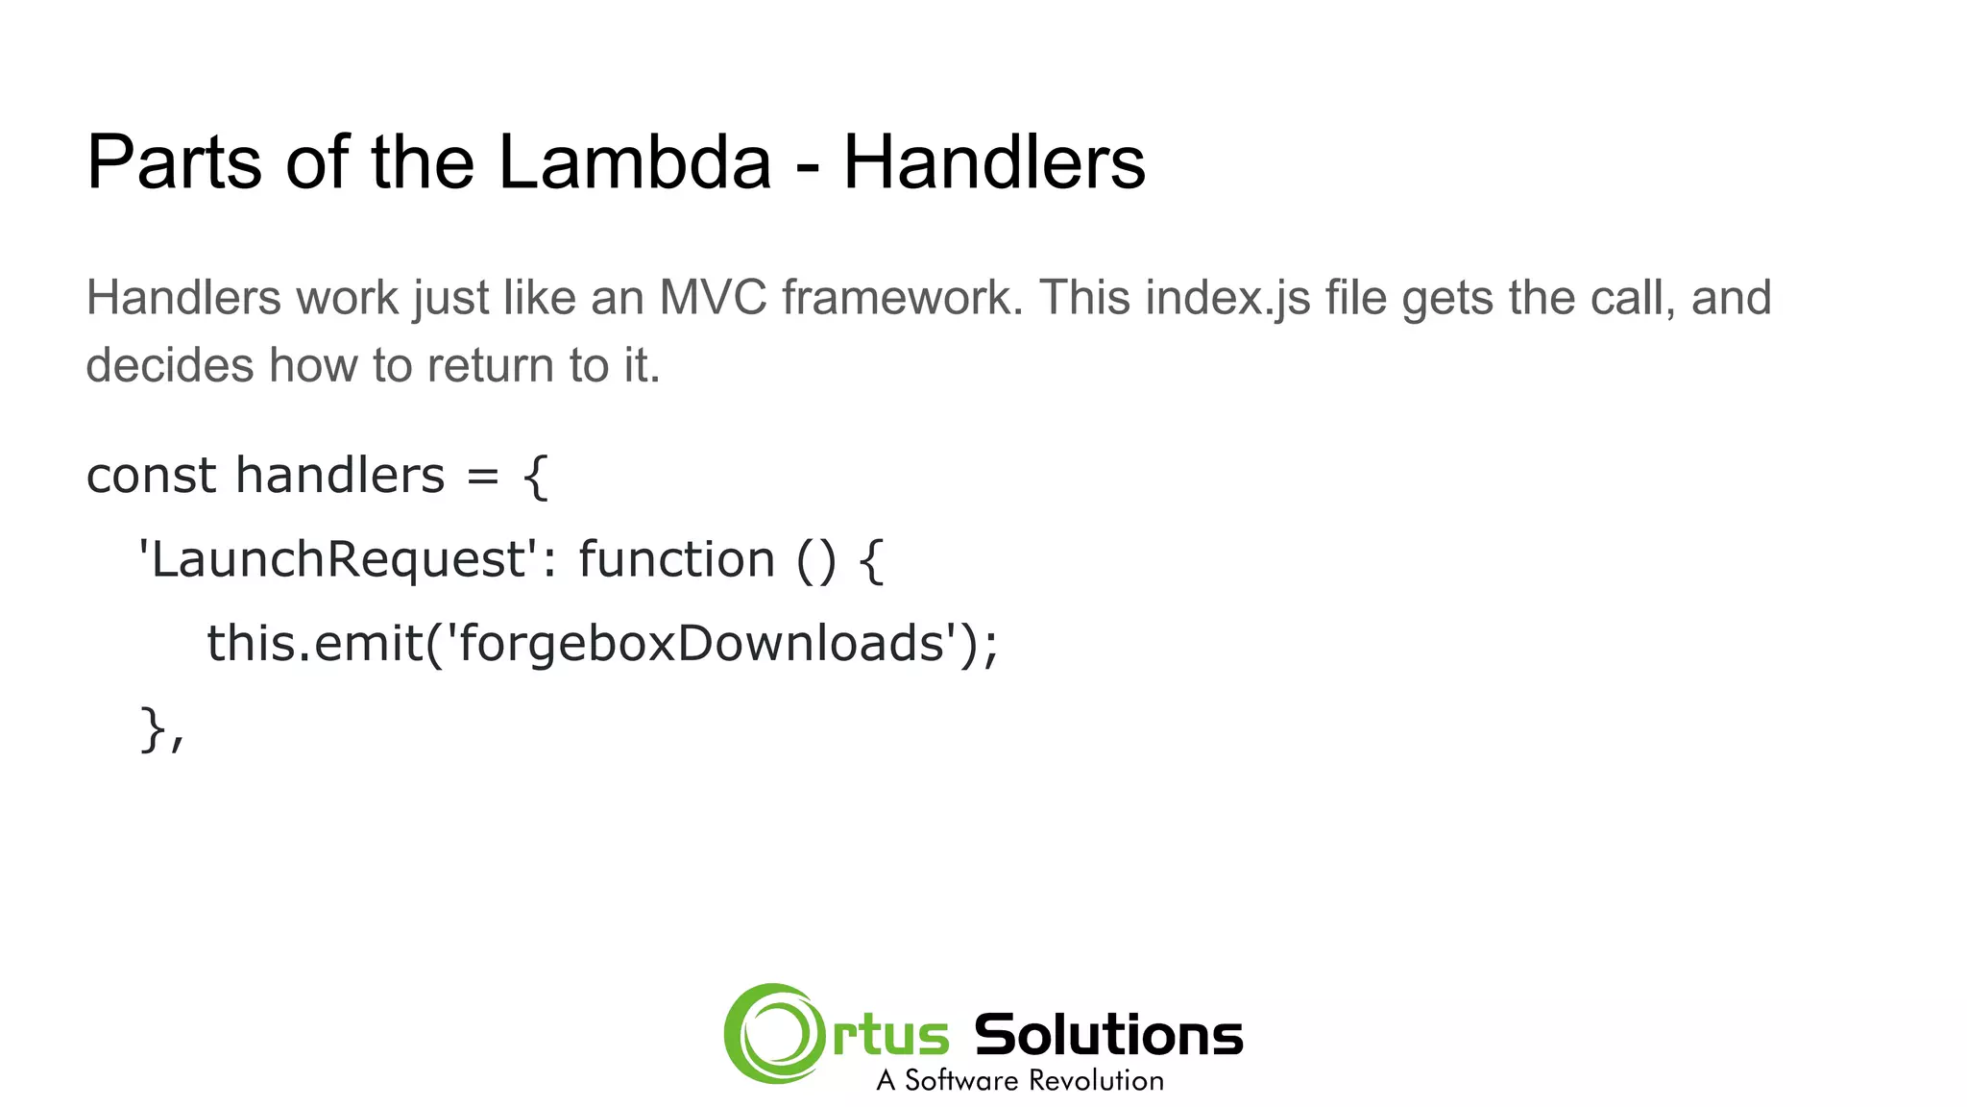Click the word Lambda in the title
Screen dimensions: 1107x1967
coord(635,161)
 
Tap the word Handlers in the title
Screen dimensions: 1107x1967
coord(994,161)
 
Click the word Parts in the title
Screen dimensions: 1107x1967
coord(173,161)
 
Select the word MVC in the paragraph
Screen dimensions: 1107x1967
coord(713,297)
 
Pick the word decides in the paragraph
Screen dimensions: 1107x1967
coord(169,365)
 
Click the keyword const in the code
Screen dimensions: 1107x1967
coord(151,476)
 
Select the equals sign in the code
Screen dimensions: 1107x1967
coord(483,476)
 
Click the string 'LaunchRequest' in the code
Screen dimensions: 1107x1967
coord(336,559)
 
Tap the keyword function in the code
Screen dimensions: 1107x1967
coord(676,559)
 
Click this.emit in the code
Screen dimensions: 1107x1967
coord(313,643)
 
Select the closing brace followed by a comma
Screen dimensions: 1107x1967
coord(160,729)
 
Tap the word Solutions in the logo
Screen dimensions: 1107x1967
coord(1108,1035)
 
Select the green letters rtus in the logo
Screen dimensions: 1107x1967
coord(891,1036)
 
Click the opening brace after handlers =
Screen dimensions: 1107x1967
coord(536,476)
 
